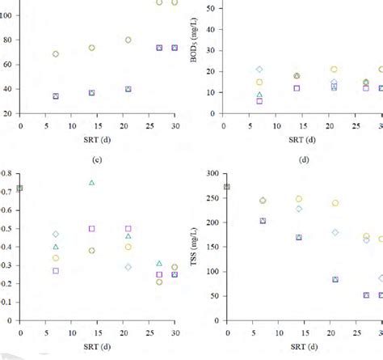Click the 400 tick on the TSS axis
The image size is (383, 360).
click(213, 173)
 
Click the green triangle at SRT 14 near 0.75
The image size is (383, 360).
click(91, 183)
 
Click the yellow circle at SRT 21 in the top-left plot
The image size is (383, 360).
click(128, 40)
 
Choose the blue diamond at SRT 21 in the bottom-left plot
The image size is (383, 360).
click(128, 267)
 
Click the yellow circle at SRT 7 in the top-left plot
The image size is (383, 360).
click(56, 54)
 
